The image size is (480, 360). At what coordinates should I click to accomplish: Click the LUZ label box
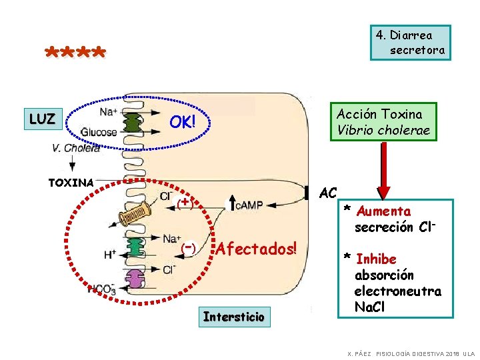point(41,119)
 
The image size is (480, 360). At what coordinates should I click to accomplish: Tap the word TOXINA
point(71,182)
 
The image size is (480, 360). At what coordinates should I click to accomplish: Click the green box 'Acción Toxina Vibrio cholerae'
point(384,122)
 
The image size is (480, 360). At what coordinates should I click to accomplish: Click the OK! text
point(182,122)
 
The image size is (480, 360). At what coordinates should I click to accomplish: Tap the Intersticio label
point(233,316)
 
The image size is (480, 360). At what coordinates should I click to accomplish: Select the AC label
point(327,193)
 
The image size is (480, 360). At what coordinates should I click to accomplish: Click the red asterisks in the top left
point(74,53)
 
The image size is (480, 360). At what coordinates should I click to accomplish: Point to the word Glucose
point(99,132)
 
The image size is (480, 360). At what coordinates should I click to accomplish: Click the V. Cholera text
point(77,148)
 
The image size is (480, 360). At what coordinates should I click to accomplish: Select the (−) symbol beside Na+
point(188,248)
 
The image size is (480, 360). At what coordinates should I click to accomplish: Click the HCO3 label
point(101,289)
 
